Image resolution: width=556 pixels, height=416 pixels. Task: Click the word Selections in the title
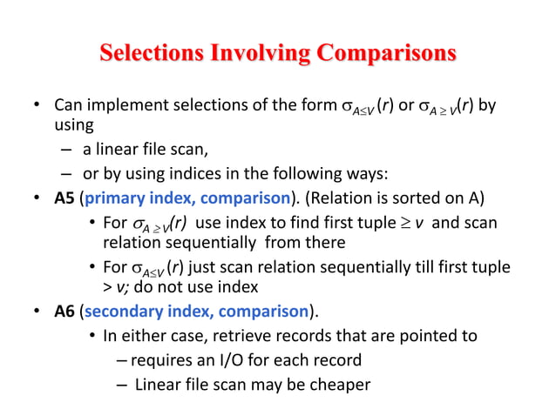152,54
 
